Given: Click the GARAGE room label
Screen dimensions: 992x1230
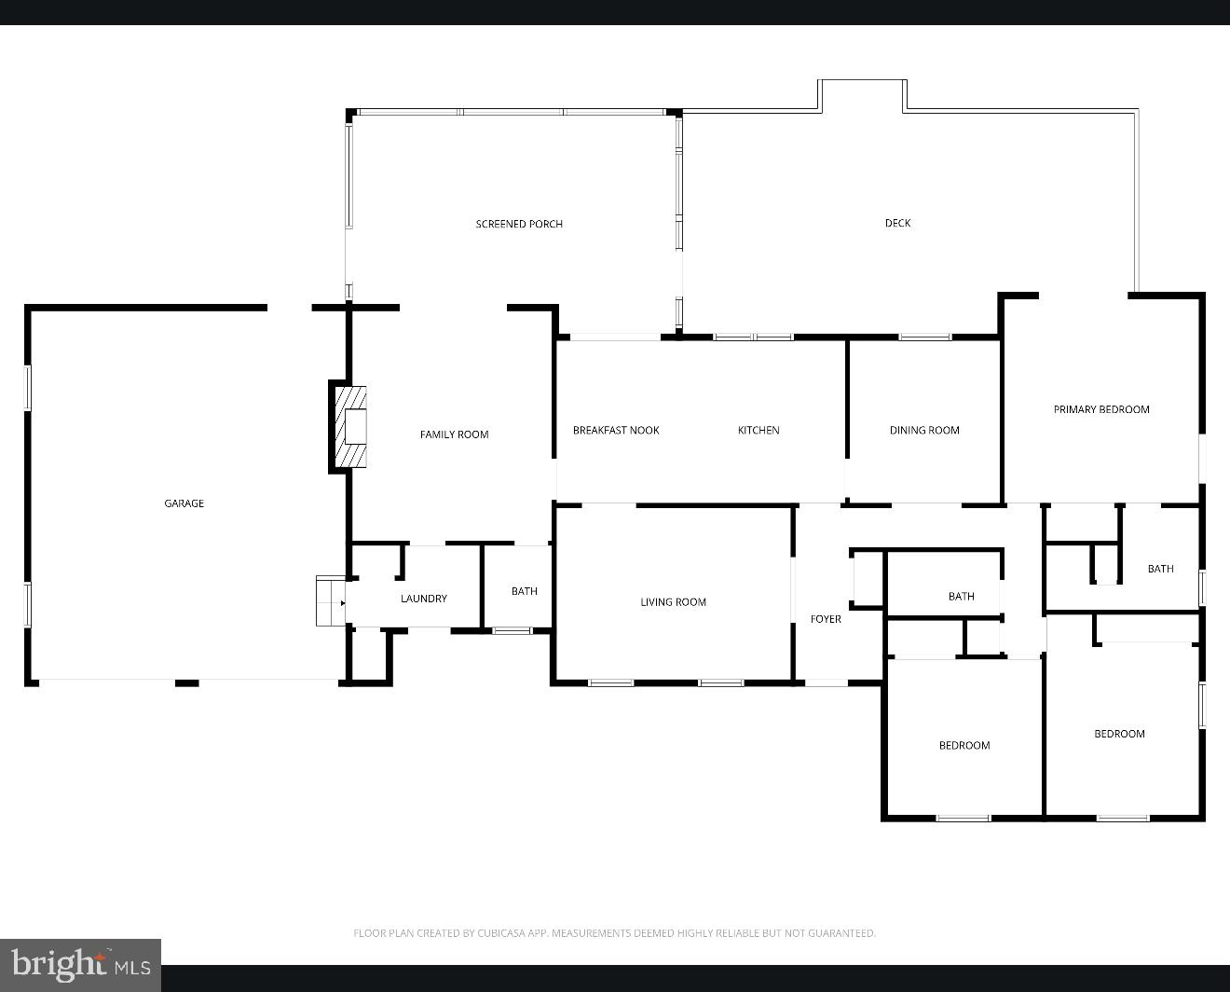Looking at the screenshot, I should tap(184, 503).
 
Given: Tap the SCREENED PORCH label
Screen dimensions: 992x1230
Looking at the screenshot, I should tap(519, 224).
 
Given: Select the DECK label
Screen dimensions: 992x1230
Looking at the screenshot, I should tap(897, 223).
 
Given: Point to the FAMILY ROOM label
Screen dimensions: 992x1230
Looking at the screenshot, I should tap(454, 434).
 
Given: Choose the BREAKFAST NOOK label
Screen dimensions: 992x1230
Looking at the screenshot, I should tap(616, 430).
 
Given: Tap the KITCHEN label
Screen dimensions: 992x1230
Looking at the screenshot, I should tap(758, 430).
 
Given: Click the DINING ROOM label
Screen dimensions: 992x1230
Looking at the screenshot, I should tap(924, 430).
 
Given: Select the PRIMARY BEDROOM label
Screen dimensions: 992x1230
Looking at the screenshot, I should tap(1101, 409).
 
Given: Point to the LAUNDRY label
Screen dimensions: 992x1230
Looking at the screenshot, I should tap(424, 599).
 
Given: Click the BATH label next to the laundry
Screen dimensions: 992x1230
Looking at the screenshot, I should tap(525, 591).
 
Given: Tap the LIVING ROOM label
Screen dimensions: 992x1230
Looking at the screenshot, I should tap(673, 602).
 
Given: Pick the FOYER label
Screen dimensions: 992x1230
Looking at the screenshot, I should tap(826, 619).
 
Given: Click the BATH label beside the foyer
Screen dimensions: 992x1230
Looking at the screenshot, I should tap(961, 597).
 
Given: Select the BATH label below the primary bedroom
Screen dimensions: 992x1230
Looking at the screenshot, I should tap(1160, 569).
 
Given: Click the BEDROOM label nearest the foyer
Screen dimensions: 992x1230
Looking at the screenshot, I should tap(964, 745).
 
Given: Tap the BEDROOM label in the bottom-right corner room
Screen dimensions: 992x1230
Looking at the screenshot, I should tap(1119, 734).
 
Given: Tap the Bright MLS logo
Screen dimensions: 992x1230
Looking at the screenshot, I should tap(81, 965).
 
